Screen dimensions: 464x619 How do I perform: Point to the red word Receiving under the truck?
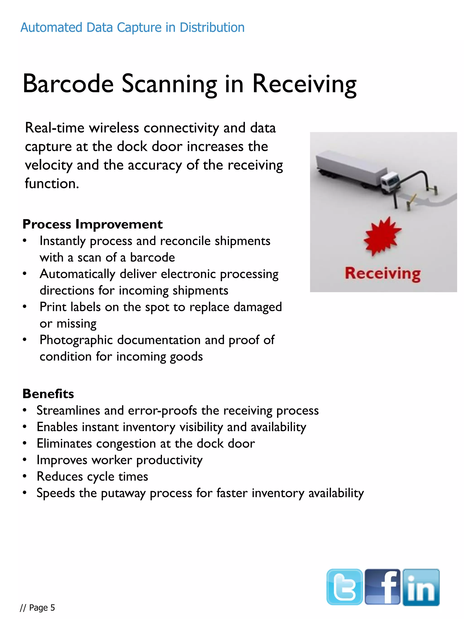[382, 274]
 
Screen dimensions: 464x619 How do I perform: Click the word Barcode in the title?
[68, 84]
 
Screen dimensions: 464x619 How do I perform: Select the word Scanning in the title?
[169, 84]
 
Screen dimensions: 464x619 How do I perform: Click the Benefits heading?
[48, 394]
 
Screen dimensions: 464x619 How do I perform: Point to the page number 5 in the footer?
[53, 607]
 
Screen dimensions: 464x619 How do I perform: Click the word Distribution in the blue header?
[212, 27]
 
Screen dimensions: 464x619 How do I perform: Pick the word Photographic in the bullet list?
[76, 340]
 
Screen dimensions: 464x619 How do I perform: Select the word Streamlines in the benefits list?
[68, 410]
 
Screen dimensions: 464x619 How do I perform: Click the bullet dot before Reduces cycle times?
[25, 476]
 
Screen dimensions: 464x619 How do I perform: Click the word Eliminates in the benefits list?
[64, 444]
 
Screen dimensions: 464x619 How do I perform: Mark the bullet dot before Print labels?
[25, 307]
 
